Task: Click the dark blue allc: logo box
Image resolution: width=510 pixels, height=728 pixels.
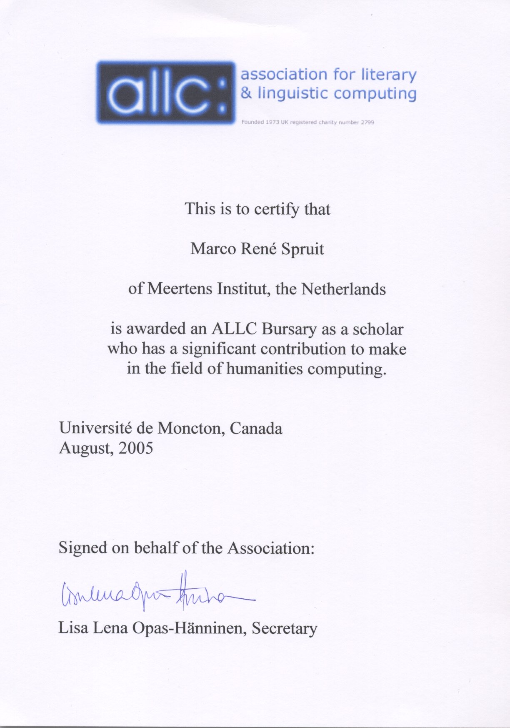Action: pos(166,93)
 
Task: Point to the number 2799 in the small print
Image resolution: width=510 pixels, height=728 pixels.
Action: pos(367,123)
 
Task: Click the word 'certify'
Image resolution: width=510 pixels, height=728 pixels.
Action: pos(277,209)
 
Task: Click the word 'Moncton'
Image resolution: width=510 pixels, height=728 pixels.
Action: pos(190,428)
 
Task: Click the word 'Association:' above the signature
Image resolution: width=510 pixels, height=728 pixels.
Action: pos(270,548)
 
